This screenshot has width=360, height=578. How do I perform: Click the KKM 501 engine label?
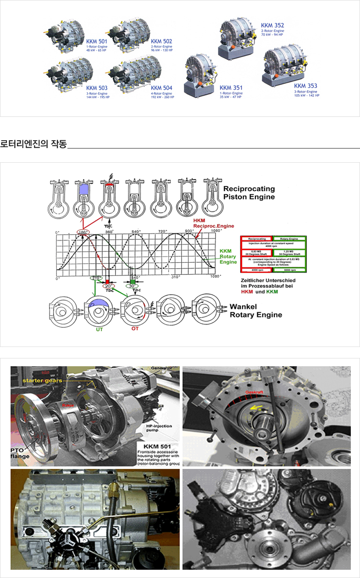coord(97,41)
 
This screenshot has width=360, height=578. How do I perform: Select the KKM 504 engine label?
coord(161,88)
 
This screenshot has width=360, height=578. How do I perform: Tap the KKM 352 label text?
coord(272,25)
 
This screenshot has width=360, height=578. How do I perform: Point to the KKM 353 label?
coord(305,86)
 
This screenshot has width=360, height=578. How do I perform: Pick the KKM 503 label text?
coord(97,88)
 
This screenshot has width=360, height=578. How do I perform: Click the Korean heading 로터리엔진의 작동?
coord(33,145)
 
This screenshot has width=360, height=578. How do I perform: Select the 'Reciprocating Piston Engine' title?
coord(249,193)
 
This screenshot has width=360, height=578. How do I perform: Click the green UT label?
coord(100,329)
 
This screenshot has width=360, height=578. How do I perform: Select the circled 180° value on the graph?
coord(83,232)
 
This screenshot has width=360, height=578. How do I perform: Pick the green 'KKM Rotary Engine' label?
coord(228,256)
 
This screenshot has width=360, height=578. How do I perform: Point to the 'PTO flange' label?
coord(21,453)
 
